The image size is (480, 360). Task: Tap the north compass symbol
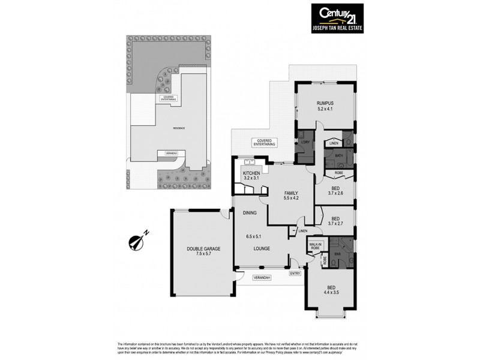pyautogui.click(x=137, y=241)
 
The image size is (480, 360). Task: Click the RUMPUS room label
pyautogui.click(x=325, y=103)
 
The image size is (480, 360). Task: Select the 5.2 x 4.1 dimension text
pyautogui.click(x=325, y=109)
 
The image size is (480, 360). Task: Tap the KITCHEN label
pyautogui.click(x=252, y=173)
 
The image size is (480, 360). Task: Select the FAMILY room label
pyautogui.click(x=291, y=193)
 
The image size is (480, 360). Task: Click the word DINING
pyautogui.click(x=250, y=213)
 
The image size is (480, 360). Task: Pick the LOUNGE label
pyautogui.click(x=260, y=248)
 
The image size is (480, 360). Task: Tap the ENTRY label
pyautogui.click(x=295, y=274)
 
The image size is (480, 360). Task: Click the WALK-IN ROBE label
pyautogui.click(x=315, y=246)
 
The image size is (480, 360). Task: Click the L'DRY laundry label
pyautogui.click(x=305, y=142)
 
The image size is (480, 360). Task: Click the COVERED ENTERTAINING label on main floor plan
pyautogui.click(x=263, y=143)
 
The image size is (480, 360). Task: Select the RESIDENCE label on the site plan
pyautogui.click(x=179, y=128)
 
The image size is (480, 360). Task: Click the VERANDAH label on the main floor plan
pyautogui.click(x=261, y=278)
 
